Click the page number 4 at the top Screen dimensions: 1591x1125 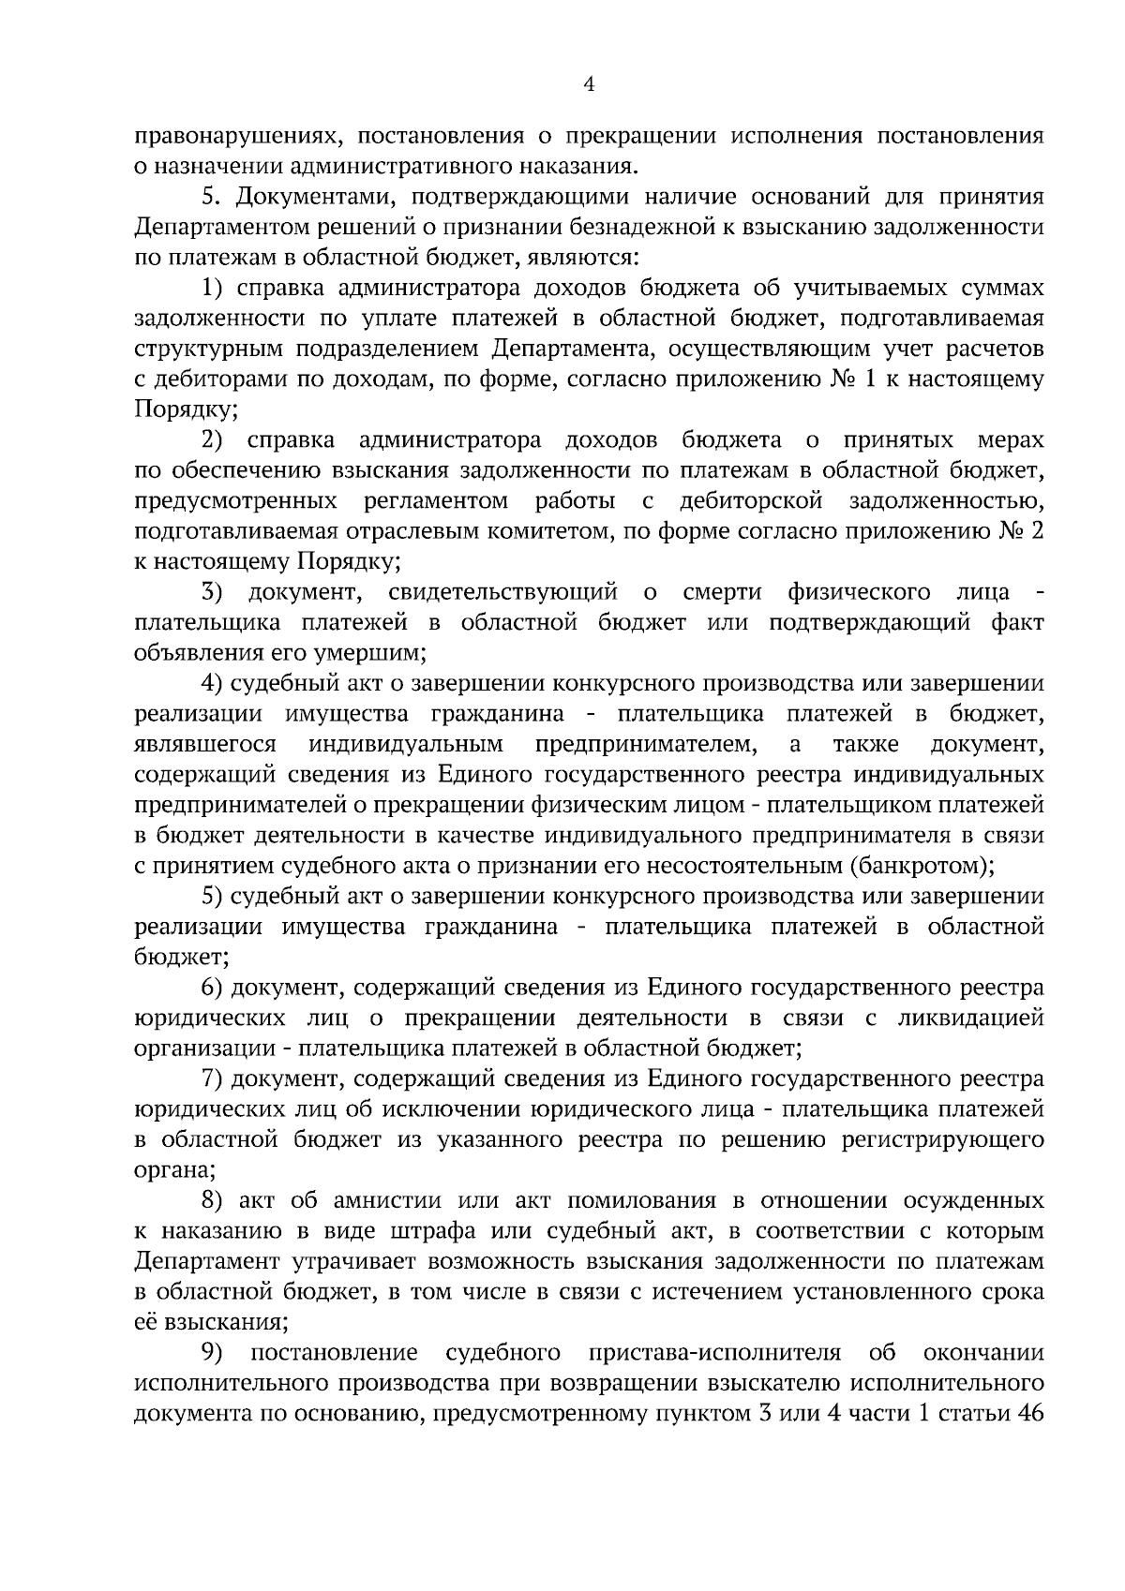pos(589,84)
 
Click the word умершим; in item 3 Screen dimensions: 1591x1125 pos(377,653)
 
